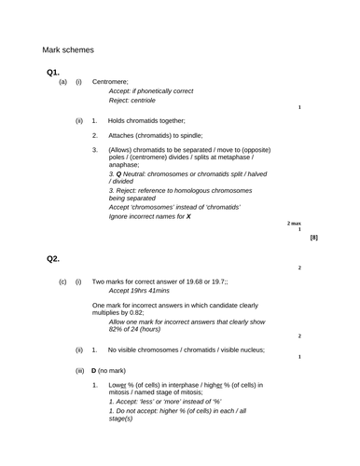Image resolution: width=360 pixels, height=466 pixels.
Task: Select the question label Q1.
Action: [x=53, y=72]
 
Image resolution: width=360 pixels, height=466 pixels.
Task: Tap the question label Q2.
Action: [x=53, y=259]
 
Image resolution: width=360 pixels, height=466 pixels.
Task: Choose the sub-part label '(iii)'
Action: [x=81, y=371]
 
